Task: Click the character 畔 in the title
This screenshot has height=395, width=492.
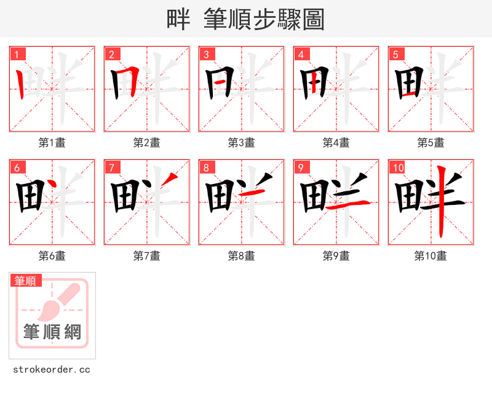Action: point(178,20)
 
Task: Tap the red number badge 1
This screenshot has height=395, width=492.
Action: point(17,54)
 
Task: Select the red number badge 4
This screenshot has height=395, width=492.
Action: point(301,54)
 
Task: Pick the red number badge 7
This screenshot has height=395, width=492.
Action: point(112,167)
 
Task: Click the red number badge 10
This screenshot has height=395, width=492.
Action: point(398,167)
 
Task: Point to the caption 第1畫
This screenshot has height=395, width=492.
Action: point(52,143)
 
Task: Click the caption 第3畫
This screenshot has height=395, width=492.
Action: point(242,143)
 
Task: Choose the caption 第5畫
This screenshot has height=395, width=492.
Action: point(431,143)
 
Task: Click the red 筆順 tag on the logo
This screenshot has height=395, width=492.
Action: point(26,281)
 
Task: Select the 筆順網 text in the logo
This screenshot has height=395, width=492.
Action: point(52,332)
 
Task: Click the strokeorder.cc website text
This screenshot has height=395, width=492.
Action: point(52,370)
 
